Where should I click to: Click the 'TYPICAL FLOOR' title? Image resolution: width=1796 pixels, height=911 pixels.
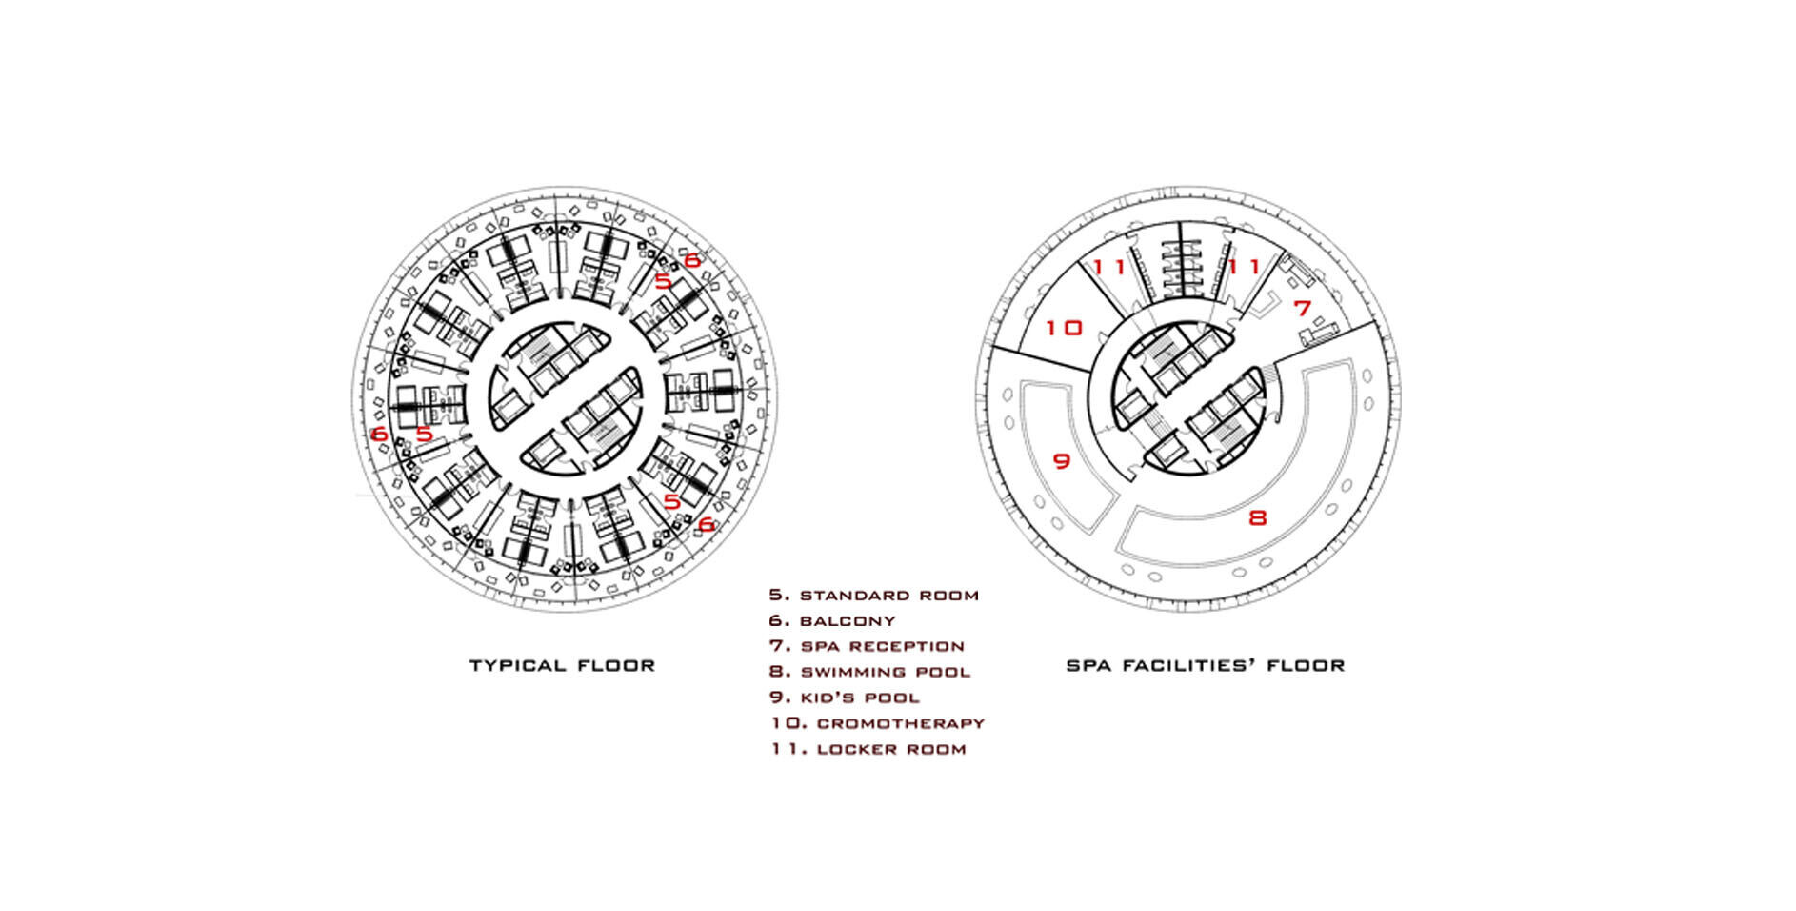tap(562, 665)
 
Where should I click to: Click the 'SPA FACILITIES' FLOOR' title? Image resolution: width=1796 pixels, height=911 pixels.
tap(1205, 665)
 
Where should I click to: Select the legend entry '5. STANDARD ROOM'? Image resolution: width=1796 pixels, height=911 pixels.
tap(874, 596)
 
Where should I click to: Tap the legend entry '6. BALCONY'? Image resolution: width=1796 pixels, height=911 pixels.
tap(832, 621)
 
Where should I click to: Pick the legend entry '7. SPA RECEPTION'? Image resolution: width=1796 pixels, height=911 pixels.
tap(867, 646)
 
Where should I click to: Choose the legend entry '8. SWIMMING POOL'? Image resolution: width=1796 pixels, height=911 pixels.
tap(869, 672)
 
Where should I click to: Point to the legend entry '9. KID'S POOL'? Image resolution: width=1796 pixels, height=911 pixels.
tap(845, 698)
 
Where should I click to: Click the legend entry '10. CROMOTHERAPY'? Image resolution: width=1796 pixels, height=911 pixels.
tap(877, 723)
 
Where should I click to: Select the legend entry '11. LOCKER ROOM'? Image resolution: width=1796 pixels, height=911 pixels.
tap(868, 749)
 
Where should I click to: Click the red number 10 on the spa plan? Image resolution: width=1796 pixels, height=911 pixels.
tap(1064, 328)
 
